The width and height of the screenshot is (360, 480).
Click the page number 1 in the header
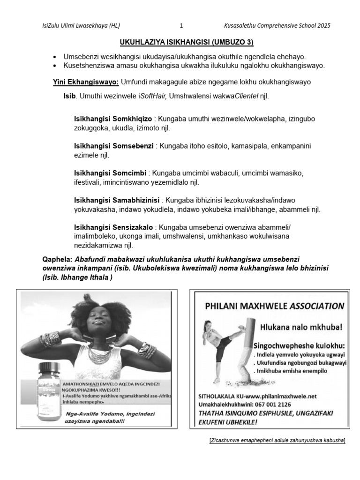coord(181,26)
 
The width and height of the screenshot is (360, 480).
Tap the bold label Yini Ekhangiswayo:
coord(86,82)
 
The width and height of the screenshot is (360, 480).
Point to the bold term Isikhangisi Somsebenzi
coord(114,146)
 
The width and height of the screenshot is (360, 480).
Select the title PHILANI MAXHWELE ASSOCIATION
coord(275,306)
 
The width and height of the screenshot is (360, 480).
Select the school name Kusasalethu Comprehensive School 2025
coord(277,26)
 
